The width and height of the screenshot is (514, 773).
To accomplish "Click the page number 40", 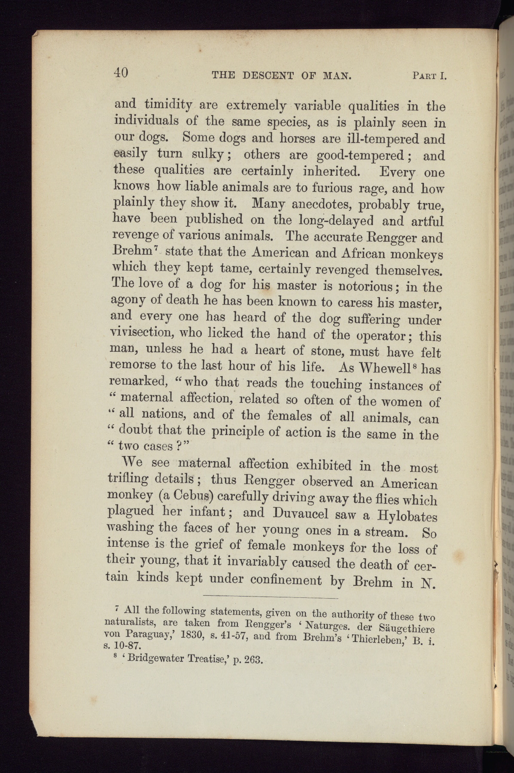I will (x=121, y=73).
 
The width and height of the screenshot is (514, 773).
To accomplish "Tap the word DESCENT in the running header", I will (x=268, y=76).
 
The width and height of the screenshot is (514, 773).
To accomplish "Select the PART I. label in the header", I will (x=429, y=76).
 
